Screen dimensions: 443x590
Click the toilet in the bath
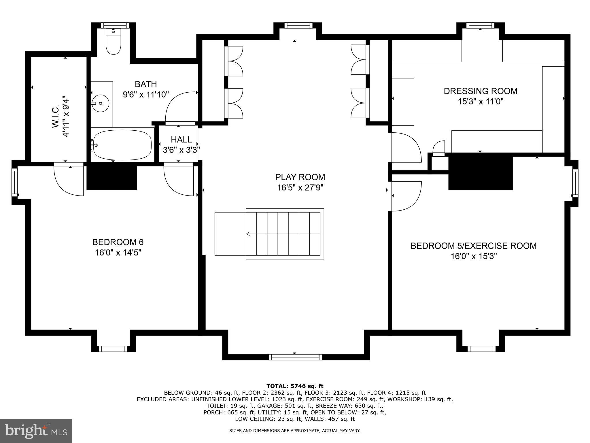coord(113,43)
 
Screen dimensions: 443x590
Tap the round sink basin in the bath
coord(100,103)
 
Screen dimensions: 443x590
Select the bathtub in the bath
coord(122,145)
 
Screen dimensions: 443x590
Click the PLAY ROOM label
coord(300,177)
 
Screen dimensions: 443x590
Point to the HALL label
coord(181,140)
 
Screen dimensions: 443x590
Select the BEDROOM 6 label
coord(118,242)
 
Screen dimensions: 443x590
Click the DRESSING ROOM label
coord(481,91)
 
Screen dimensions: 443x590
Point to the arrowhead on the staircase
coord(248,234)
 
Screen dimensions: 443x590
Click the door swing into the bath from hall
coord(180,108)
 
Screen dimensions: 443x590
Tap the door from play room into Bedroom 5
coord(405,196)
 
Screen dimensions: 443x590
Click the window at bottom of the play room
coord(295,357)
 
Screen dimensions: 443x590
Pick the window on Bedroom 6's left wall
coord(14,182)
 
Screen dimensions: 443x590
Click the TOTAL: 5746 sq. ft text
coord(295,386)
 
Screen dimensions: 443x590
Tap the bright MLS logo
coord(36,431)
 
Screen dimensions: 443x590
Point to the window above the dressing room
coord(480,25)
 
